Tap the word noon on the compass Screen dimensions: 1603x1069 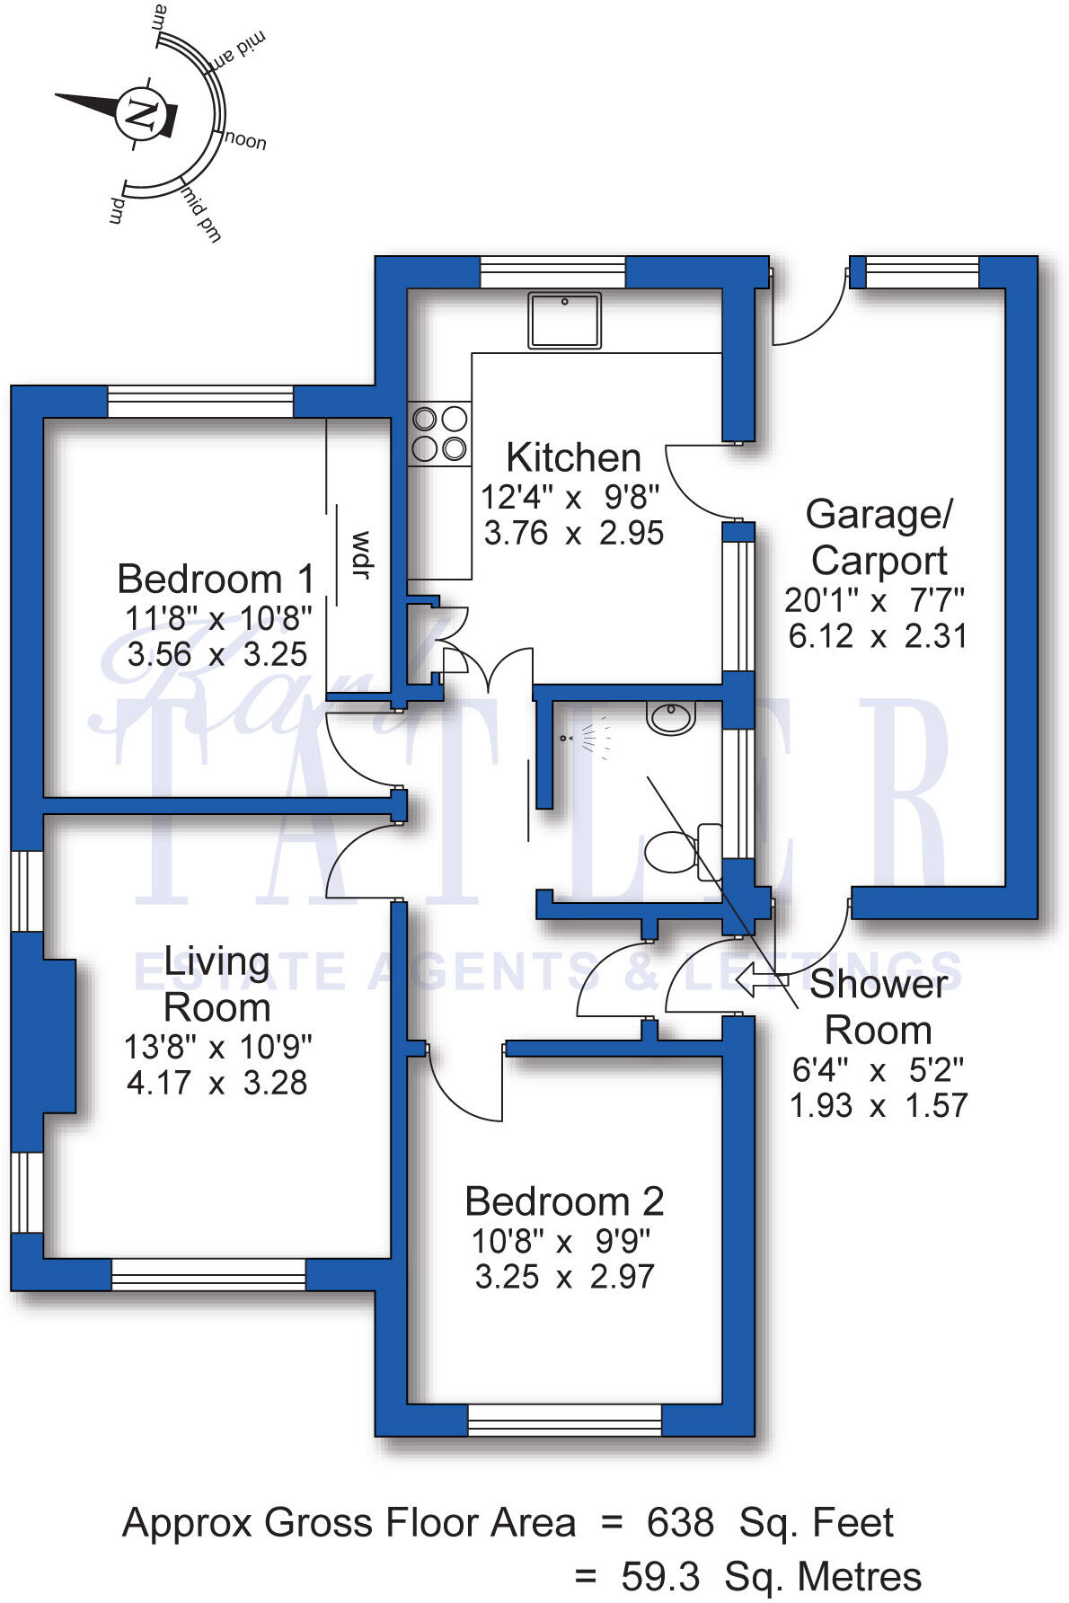[245, 141]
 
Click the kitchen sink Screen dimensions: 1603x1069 [564, 319]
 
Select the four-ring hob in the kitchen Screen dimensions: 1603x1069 [439, 433]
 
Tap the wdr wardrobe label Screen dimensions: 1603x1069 [361, 554]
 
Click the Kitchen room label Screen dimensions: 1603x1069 [573, 457]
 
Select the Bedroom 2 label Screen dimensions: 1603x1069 [564, 1201]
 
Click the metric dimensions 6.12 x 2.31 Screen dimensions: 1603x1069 [878, 636]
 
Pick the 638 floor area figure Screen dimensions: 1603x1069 [680, 1523]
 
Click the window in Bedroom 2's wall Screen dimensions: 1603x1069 [564, 1420]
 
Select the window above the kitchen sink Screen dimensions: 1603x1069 [552, 271]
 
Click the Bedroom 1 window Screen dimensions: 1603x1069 [200, 401]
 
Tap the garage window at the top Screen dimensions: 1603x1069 [922, 271]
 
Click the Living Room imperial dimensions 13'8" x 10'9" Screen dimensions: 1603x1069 [217, 1047]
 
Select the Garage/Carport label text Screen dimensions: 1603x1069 [879, 537]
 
